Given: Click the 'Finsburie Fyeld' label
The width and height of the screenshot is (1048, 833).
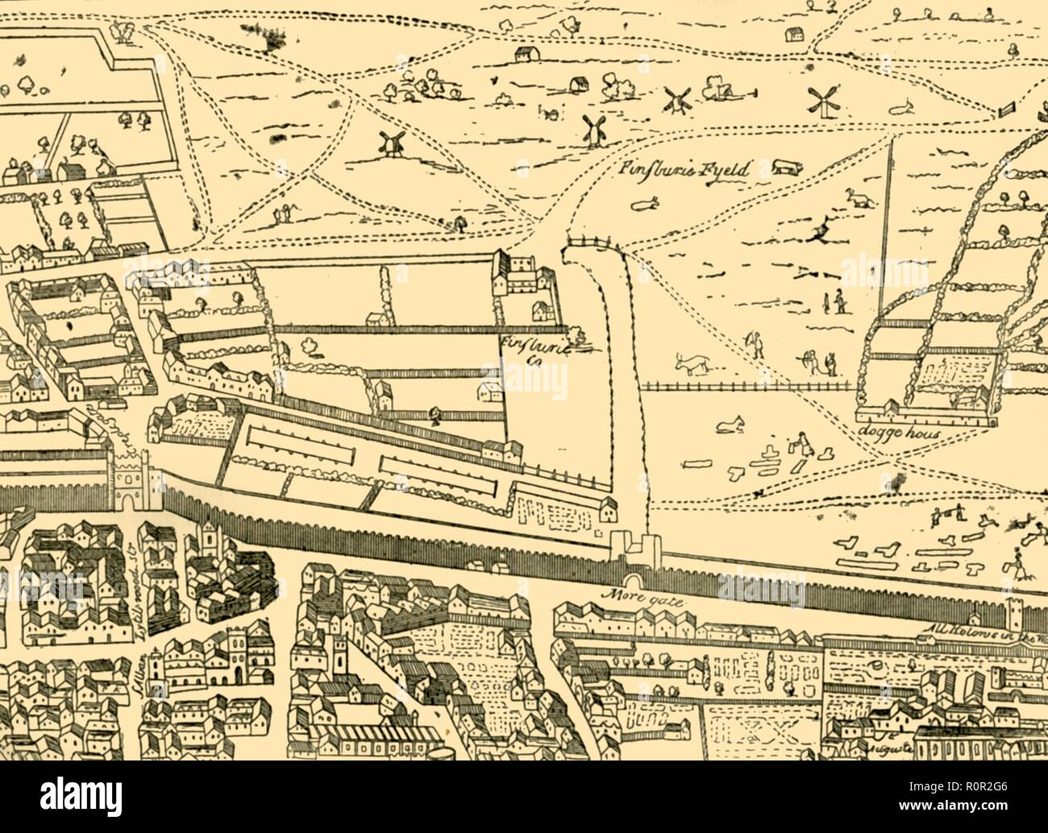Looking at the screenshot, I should (685, 170).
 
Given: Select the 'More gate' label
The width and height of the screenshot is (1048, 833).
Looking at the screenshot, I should (630, 599).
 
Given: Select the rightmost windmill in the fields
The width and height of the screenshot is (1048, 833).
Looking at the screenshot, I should (821, 102).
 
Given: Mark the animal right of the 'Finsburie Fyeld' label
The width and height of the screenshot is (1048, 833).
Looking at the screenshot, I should (784, 167).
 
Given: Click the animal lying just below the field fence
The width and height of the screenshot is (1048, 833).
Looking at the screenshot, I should (732, 421).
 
